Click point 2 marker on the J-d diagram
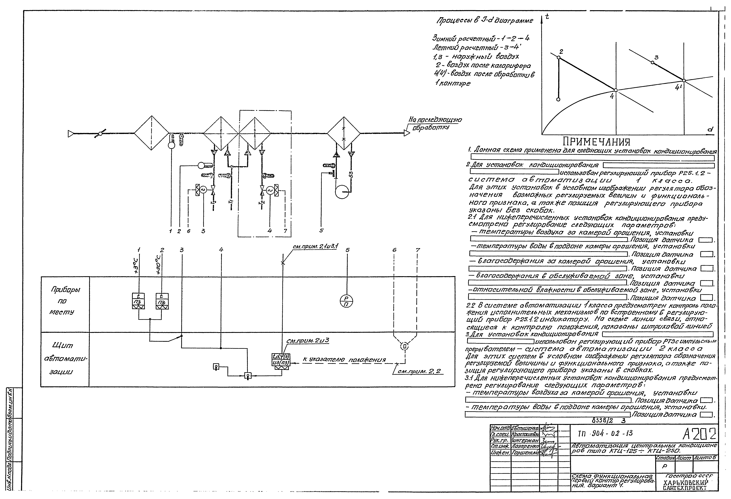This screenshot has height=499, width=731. (559, 58)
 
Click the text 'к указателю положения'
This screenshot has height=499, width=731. (344, 359)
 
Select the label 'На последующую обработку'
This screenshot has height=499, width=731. (435, 123)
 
